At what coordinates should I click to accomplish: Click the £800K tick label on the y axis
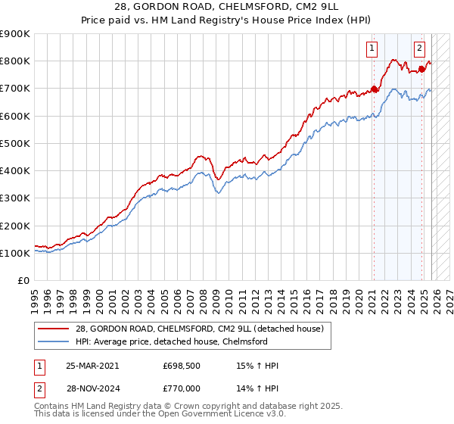click(x=14, y=61)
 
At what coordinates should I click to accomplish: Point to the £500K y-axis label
click(x=14, y=143)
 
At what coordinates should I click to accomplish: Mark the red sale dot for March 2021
click(x=374, y=89)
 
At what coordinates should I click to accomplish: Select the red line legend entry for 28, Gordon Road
click(x=200, y=329)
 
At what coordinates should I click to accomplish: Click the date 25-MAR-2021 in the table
click(x=92, y=366)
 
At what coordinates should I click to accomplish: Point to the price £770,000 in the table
click(x=180, y=387)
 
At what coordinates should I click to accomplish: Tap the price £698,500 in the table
click(x=180, y=366)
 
